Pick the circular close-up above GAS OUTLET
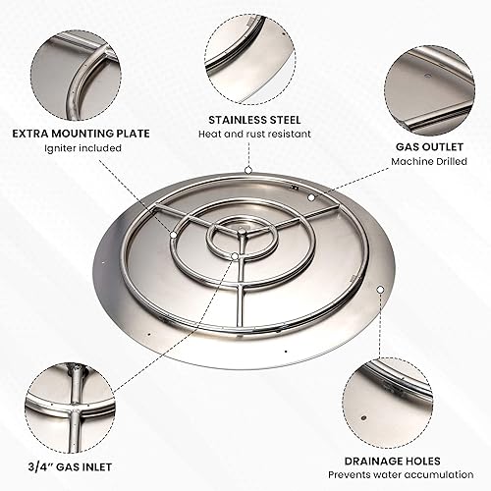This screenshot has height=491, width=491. coord(425,84)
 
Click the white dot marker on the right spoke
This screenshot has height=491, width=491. coord(310,197)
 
